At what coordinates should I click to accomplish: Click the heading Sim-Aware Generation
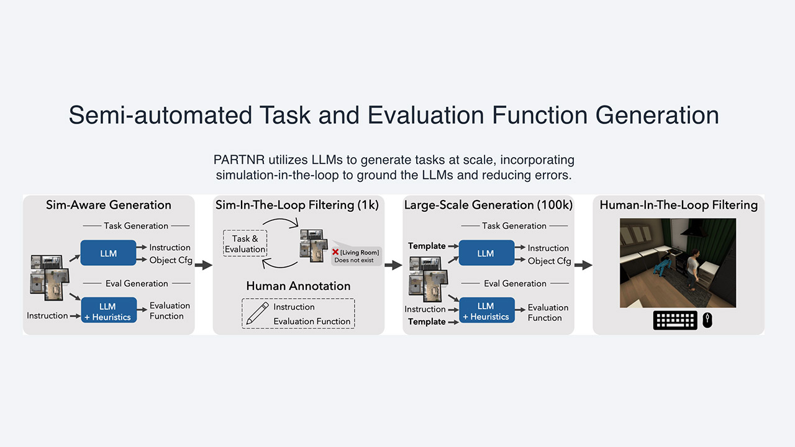click(109, 205)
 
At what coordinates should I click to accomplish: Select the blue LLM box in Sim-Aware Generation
click(108, 253)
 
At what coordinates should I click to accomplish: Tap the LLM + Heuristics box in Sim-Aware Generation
click(109, 310)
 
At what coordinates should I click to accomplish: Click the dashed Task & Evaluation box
click(245, 244)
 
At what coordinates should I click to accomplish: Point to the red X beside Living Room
click(335, 252)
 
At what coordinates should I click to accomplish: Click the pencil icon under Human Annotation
click(255, 313)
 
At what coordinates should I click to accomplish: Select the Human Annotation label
click(298, 286)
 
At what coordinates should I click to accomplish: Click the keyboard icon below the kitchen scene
click(675, 320)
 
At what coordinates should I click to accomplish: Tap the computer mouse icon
click(707, 320)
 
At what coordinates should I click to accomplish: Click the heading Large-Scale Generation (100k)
click(488, 205)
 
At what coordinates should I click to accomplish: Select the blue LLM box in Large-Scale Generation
click(486, 253)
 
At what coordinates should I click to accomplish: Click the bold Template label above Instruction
click(427, 246)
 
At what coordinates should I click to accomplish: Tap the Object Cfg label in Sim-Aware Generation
click(171, 260)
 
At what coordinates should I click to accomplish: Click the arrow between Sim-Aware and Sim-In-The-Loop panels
click(203, 266)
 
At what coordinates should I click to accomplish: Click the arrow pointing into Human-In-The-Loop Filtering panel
click(583, 266)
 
